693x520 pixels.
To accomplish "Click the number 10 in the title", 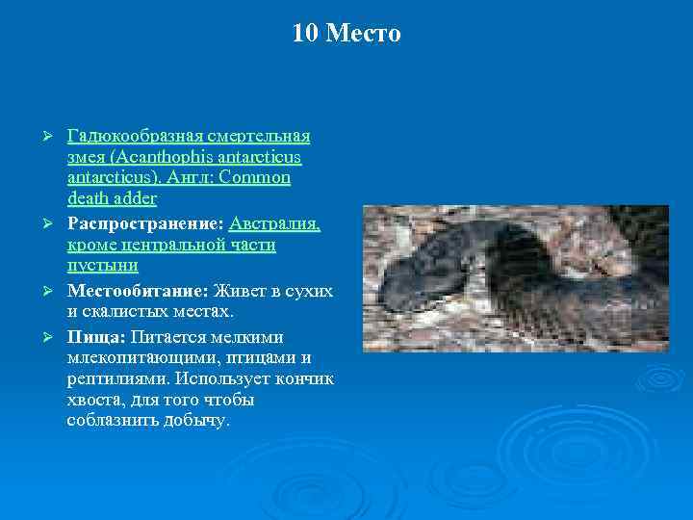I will pyautogui.click(x=305, y=35).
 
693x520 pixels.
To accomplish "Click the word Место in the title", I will pyautogui.click(x=363, y=35).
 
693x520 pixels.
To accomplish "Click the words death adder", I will pyautogui.click(x=112, y=199).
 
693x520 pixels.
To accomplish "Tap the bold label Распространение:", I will pyautogui.click(x=145, y=223).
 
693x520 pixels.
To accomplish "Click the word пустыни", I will pyautogui.click(x=103, y=266).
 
